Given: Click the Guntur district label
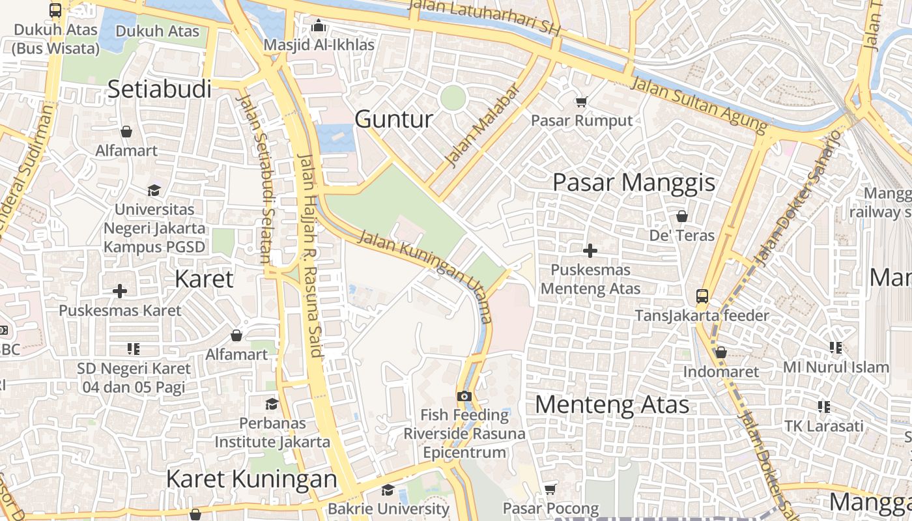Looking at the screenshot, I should pos(393,119).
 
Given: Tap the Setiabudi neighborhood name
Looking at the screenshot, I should pos(160,89).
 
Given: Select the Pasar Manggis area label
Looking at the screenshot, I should pos(634,182).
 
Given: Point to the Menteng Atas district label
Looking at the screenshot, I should pos(612,404).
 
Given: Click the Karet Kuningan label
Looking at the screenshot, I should pos(251,479).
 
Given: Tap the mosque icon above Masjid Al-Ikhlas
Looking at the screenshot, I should pos(319,26).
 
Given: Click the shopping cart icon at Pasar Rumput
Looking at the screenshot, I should pos(580,102).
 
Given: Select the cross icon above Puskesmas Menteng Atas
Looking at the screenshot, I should pos(590,251).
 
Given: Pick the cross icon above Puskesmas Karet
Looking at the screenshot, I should pos(120,291).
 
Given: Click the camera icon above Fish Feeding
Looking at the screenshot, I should pos(464,396).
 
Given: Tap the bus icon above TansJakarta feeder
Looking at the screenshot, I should pos(702,296).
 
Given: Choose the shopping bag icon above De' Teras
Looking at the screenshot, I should pos(682,216).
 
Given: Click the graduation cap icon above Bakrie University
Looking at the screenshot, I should pos(388,490).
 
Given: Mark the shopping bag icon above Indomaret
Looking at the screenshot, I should pos(720,353).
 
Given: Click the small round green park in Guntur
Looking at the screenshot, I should pos(453,98).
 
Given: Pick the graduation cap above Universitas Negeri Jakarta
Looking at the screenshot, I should pos(154,190).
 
